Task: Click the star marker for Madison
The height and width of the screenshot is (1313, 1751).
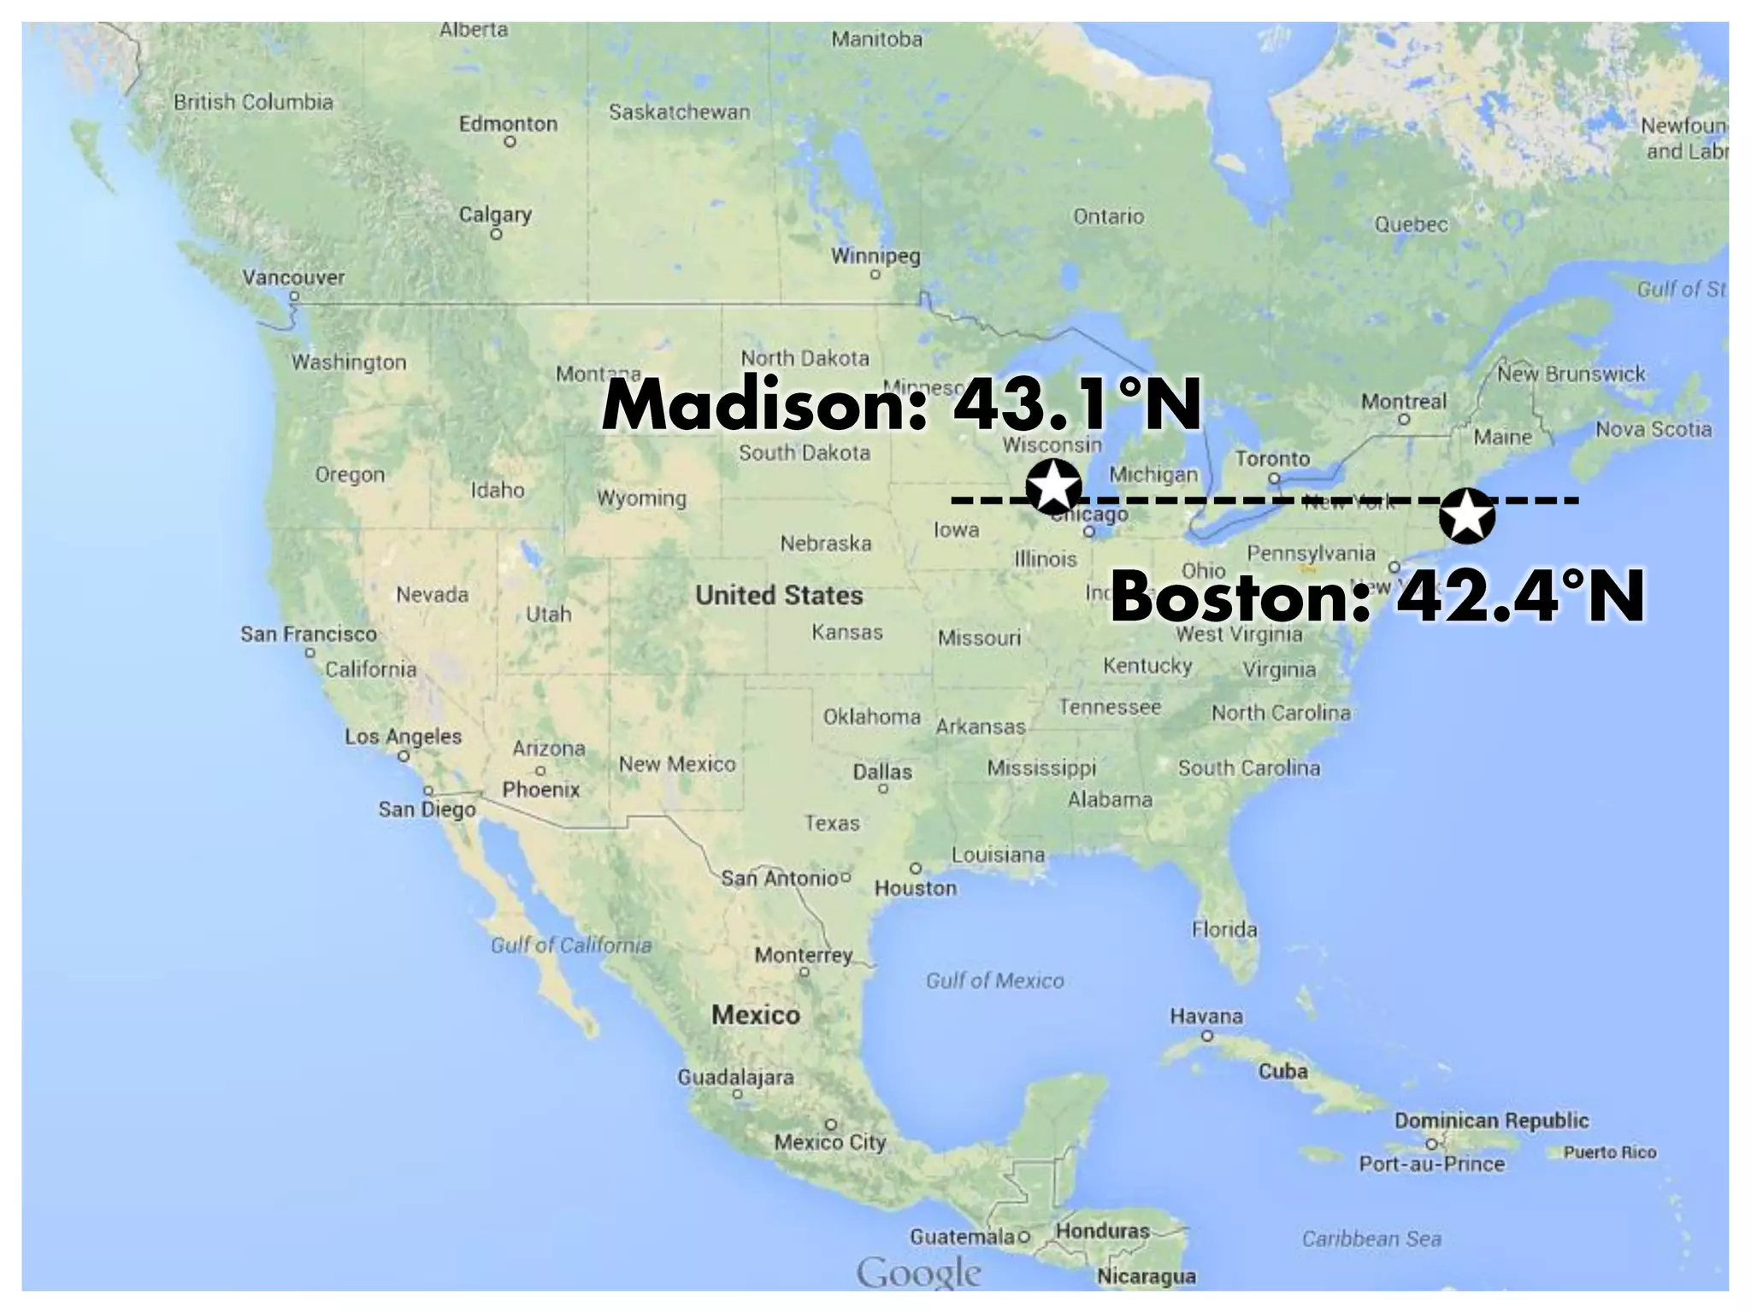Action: (1052, 486)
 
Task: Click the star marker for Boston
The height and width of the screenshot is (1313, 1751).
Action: (1467, 516)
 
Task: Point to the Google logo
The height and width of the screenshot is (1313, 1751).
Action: (918, 1273)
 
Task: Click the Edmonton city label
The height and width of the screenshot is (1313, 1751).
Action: (508, 124)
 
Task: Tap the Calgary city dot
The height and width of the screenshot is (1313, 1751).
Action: (496, 234)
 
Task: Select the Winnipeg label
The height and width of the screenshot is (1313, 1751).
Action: (875, 256)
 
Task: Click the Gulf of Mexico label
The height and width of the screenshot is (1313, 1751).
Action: (994, 980)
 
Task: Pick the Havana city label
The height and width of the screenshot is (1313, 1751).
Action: (1206, 1016)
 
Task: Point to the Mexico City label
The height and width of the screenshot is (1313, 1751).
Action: (829, 1142)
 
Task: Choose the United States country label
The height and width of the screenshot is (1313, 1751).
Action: (779, 595)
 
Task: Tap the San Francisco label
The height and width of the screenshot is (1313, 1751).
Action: (308, 634)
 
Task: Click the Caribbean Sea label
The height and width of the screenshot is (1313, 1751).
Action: (1371, 1239)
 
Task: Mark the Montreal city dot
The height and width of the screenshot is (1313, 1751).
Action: (1403, 420)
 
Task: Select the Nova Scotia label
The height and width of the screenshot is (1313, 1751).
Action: (1654, 429)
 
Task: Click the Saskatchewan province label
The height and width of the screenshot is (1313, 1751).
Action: (679, 112)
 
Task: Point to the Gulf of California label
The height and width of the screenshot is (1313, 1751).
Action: (570, 945)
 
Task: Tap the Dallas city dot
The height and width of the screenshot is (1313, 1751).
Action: (882, 789)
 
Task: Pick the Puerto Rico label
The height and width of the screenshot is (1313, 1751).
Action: (1610, 1152)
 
